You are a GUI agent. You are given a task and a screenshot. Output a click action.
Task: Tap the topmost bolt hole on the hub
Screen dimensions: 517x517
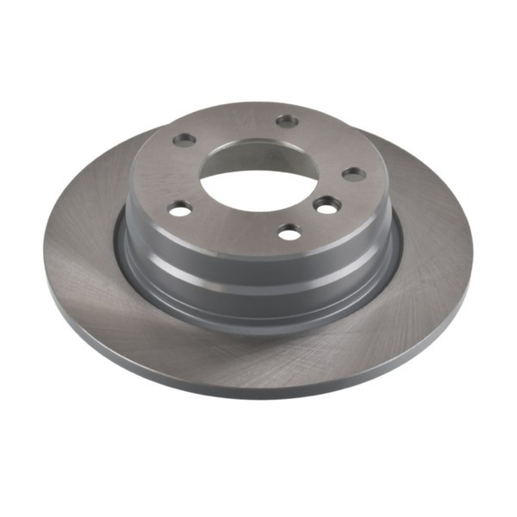287,121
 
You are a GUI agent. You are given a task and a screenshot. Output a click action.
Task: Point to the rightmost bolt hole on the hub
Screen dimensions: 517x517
353,173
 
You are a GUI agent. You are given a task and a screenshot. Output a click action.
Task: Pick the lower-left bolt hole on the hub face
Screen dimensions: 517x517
180,209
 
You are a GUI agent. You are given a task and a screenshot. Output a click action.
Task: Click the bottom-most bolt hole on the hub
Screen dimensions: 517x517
290,232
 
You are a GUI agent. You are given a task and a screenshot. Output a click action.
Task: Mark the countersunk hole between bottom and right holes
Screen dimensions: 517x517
327,205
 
